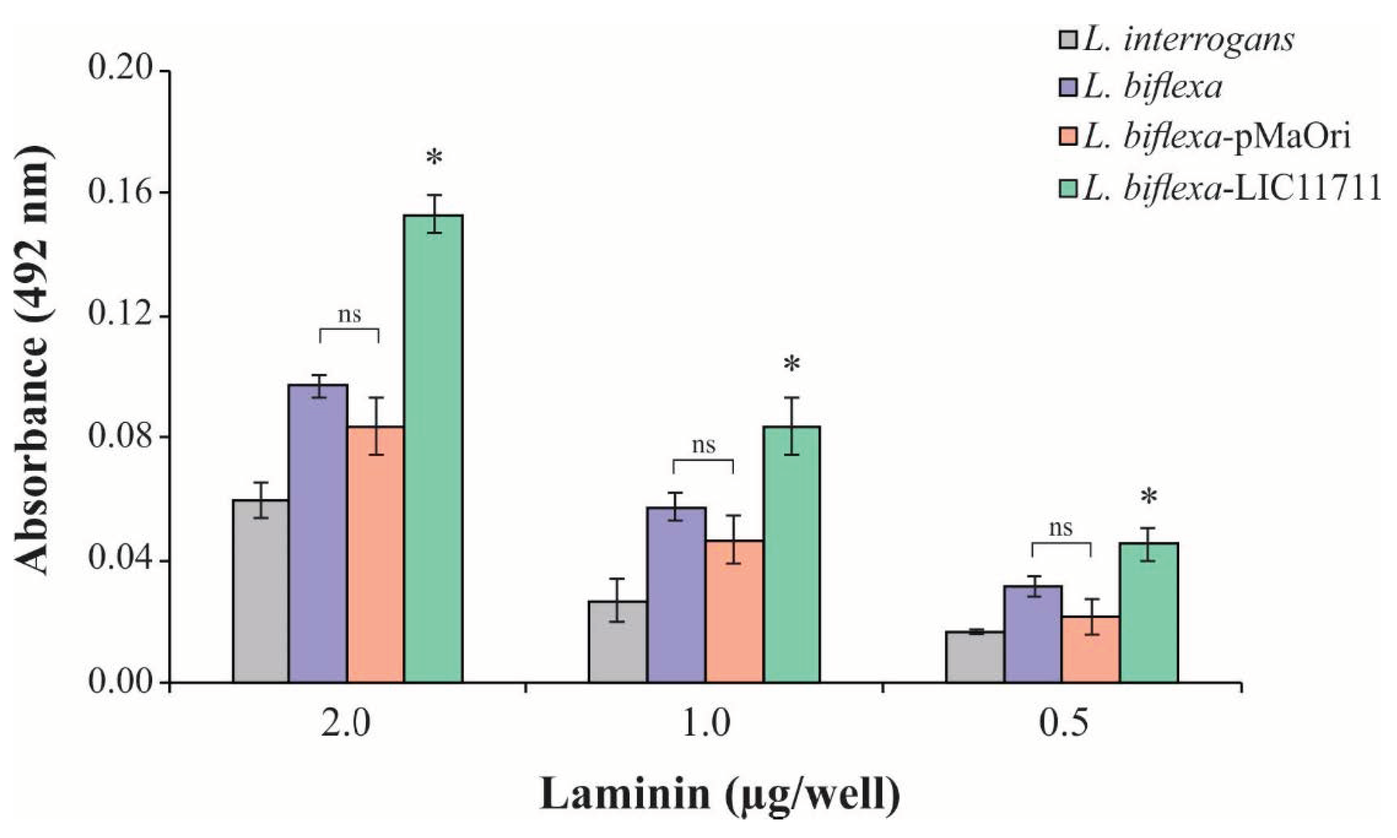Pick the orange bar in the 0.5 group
point(1090,650)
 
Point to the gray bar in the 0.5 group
point(975,657)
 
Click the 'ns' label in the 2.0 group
point(349,314)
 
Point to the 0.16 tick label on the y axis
point(121,192)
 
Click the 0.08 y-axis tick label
point(121,437)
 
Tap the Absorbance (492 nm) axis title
point(33,361)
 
